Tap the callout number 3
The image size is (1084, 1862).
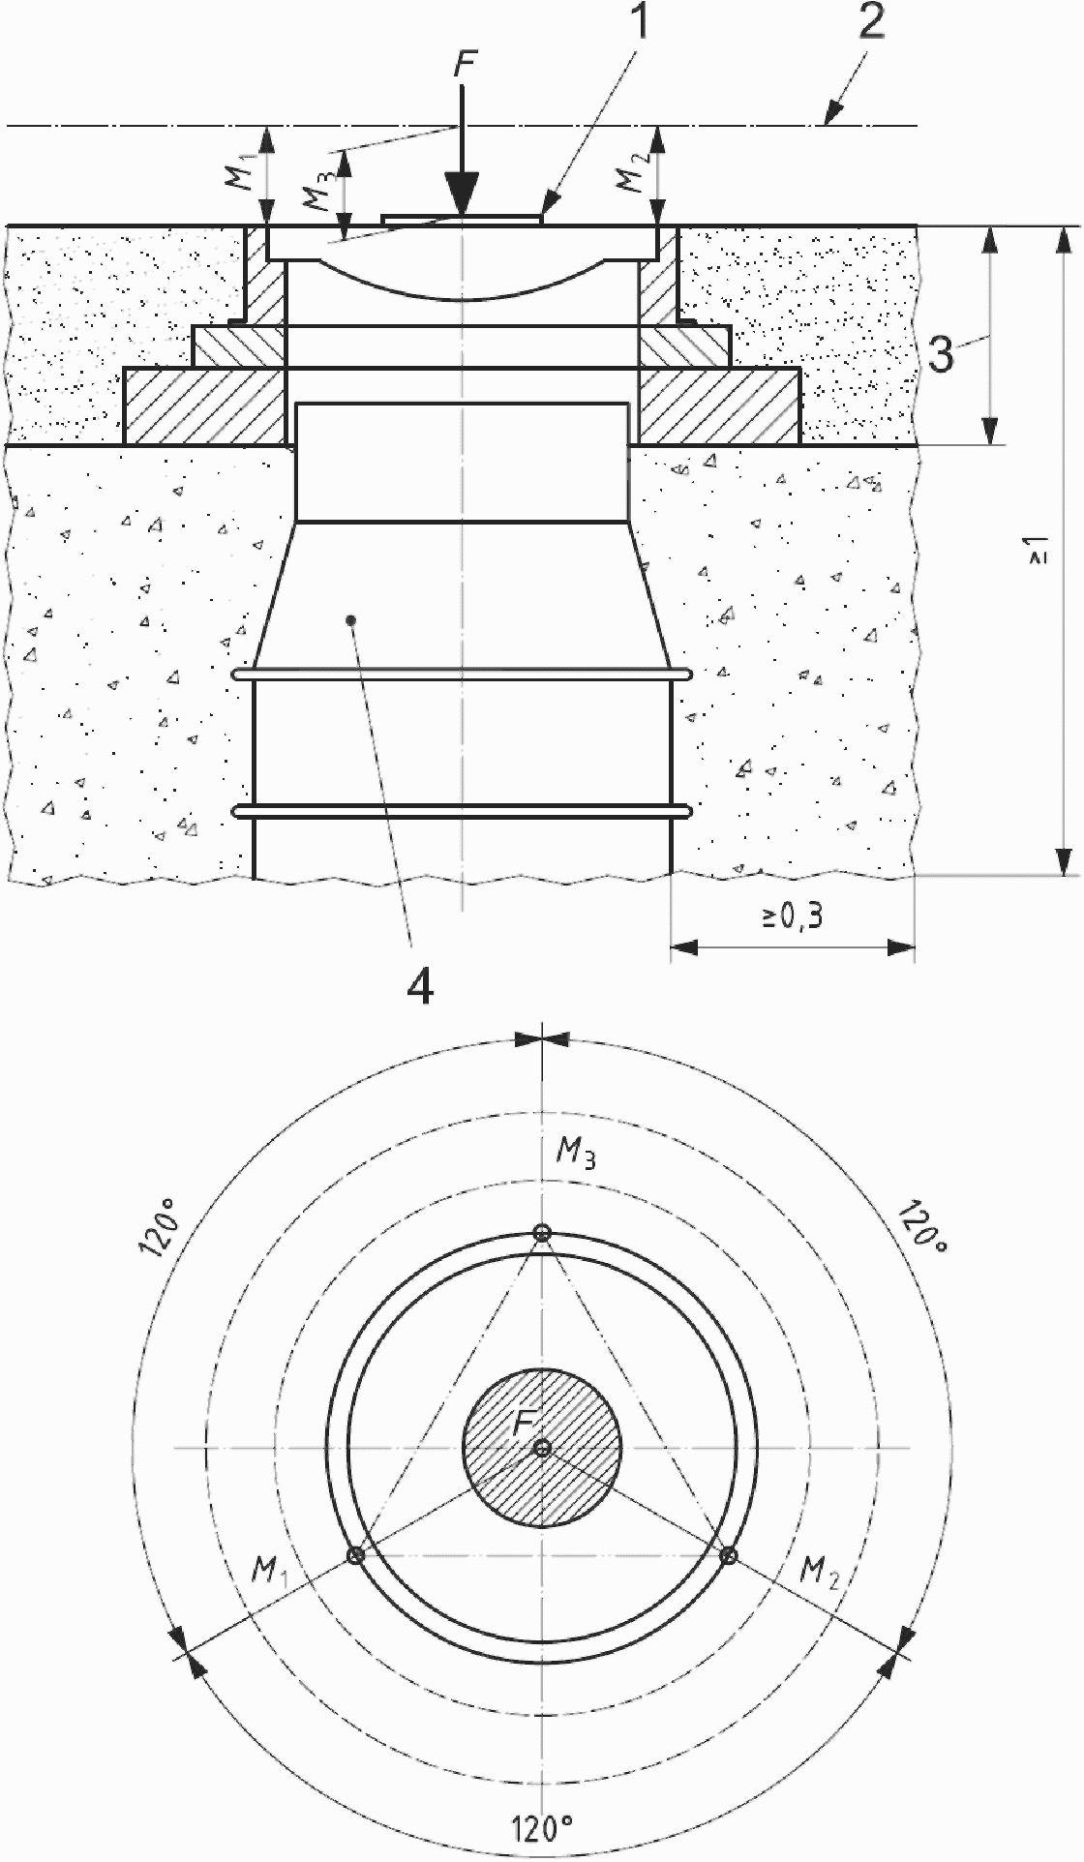[940, 353]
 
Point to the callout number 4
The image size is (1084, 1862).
[420, 987]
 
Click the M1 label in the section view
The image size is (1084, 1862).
[243, 173]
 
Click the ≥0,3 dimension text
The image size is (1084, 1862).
[793, 917]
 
